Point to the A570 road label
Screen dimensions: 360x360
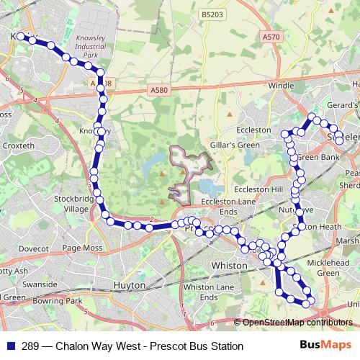click(271, 37)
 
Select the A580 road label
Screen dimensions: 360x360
click(159, 90)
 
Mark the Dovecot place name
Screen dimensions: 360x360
click(33, 248)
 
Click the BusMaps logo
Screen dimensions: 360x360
click(330, 346)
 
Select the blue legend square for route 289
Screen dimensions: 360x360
click(10, 346)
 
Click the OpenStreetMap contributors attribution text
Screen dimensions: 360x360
click(296, 323)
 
